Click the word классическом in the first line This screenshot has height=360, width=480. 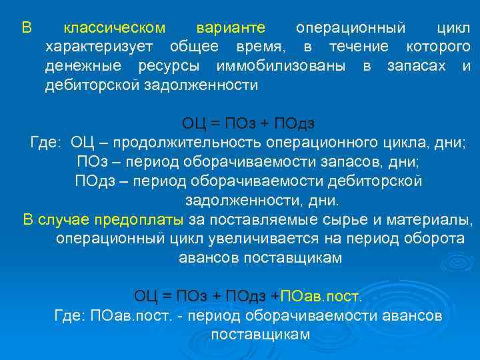point(114,28)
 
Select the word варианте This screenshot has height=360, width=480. point(231,28)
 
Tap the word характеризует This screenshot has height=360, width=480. point(99,47)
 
